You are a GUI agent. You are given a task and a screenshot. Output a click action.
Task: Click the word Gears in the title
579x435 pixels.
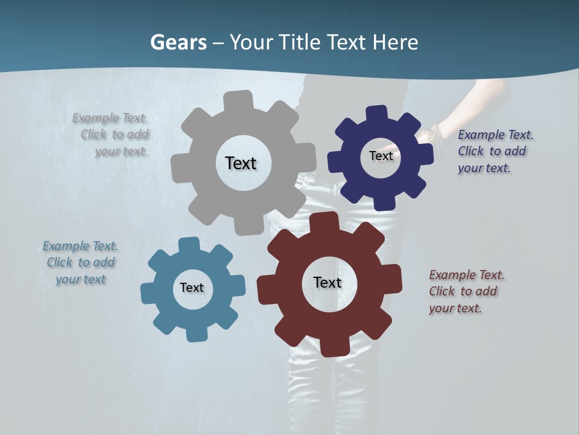point(178,42)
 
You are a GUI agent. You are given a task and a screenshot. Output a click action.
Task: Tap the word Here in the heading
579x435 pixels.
point(396,42)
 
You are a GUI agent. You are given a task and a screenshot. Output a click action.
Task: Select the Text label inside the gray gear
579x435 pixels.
point(241,163)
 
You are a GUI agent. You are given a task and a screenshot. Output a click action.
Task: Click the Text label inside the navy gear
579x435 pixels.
point(381,156)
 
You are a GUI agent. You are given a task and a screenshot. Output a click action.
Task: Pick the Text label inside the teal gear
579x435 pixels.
point(192,288)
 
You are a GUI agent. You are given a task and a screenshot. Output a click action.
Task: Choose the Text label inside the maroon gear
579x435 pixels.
point(327,282)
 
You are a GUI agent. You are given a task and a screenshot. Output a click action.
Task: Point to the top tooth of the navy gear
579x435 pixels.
point(376,114)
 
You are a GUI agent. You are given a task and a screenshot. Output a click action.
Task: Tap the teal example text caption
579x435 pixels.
point(80,262)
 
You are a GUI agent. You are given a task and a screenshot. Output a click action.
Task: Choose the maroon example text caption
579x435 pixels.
point(466,291)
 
